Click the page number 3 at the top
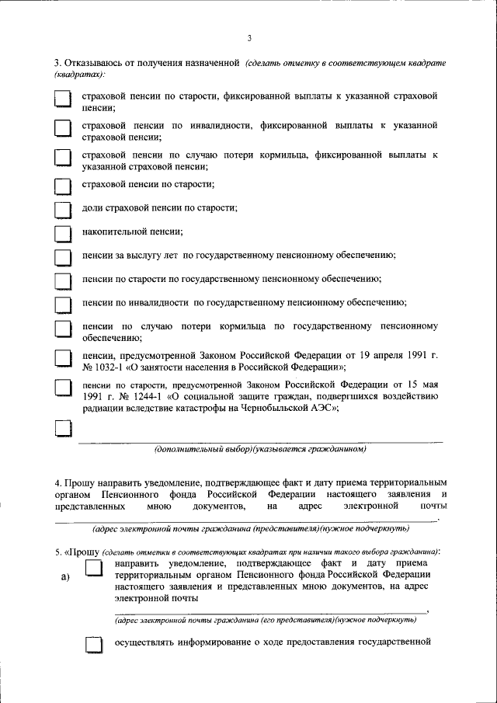pos(249,37)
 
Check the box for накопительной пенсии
pos(63,233)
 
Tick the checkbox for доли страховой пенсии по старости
pos(63,209)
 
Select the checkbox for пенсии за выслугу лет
pos(63,257)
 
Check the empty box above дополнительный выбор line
pos(63,429)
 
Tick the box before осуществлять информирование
pos(93,644)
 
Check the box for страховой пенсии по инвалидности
pos(63,129)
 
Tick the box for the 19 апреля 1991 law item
pos(63,359)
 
